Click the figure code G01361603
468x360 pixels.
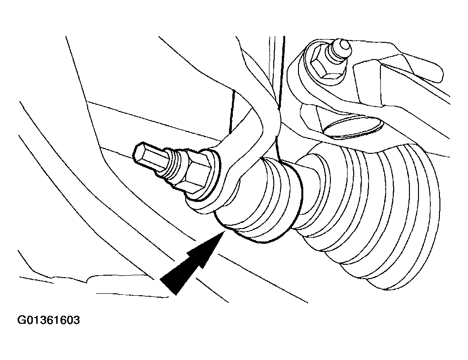[x=49, y=320]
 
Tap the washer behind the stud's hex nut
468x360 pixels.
[x=206, y=176]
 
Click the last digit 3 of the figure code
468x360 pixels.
[x=76, y=320]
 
